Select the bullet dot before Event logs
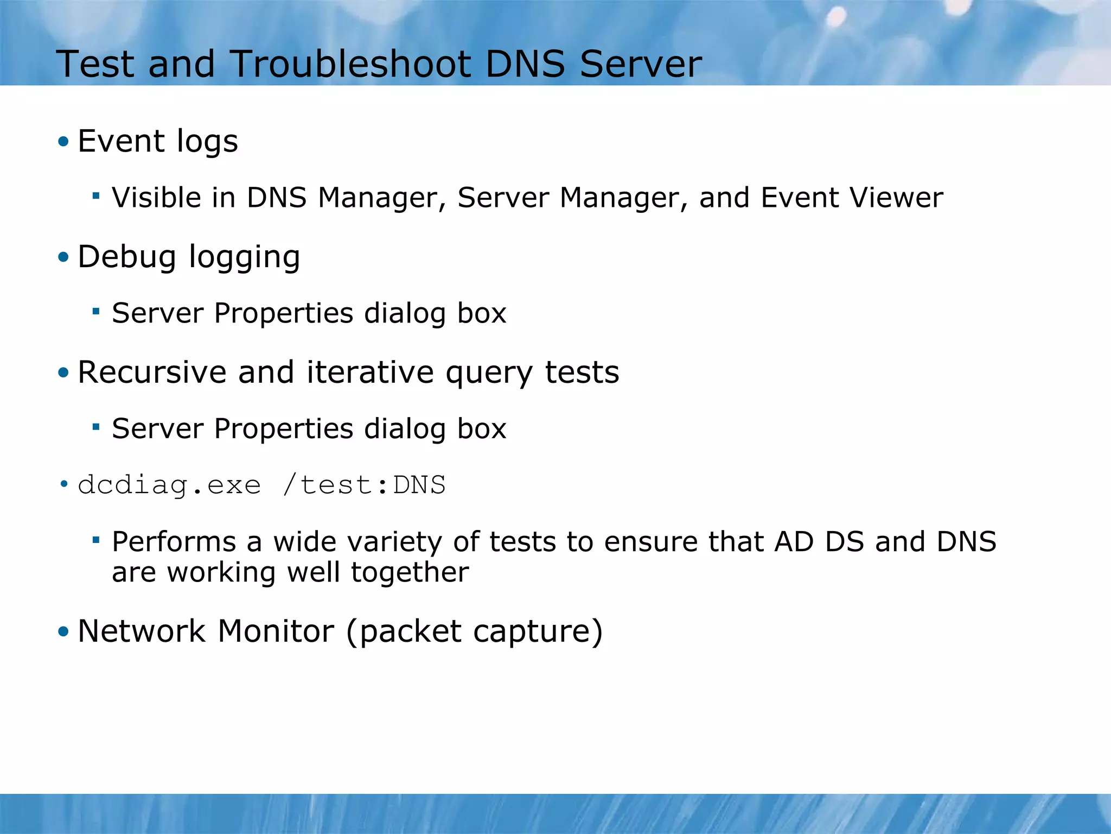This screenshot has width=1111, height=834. (64, 142)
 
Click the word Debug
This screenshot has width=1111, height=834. (126, 257)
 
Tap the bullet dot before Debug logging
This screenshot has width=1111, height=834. (64, 257)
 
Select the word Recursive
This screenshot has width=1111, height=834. (151, 372)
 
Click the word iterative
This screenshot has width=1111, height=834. (370, 372)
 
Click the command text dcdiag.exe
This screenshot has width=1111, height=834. (169, 484)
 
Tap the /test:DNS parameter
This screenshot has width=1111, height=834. (364, 484)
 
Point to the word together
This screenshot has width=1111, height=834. (410, 572)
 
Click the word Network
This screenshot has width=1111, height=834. (142, 631)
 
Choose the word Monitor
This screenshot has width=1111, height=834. (276, 631)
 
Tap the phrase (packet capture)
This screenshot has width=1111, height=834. (474, 632)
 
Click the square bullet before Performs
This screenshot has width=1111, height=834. (96, 540)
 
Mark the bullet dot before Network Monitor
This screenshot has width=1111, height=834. (64, 631)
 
